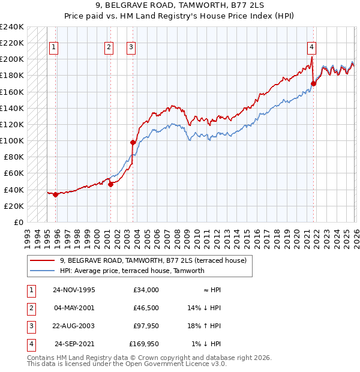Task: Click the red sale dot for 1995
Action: click(x=55, y=194)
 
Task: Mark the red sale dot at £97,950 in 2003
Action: click(x=133, y=142)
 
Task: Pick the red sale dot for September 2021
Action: click(x=313, y=83)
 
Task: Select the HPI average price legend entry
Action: click(x=132, y=271)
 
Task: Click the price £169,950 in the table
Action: click(x=144, y=344)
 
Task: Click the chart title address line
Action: click(x=180, y=7)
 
